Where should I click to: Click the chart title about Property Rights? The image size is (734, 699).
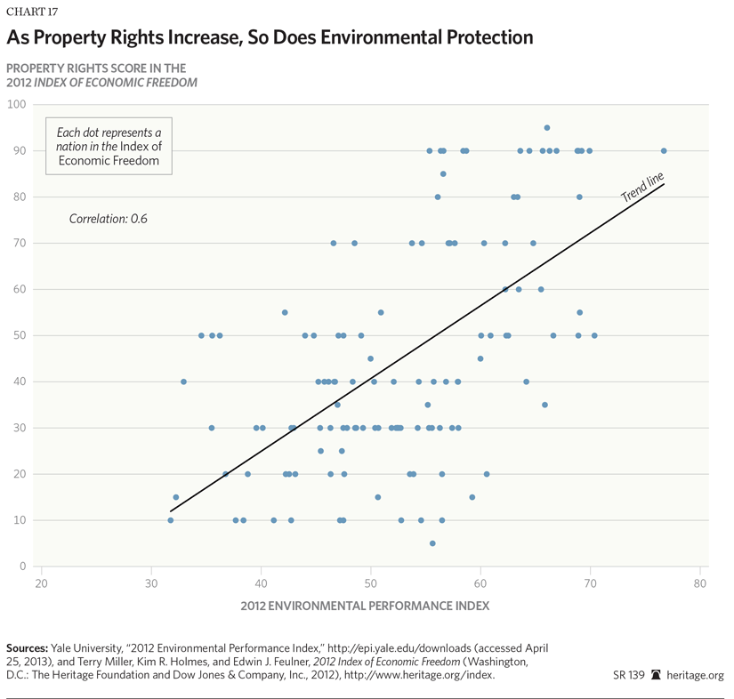click(x=270, y=37)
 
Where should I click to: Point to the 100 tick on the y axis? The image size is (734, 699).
click(x=15, y=104)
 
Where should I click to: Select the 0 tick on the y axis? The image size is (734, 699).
click(x=21, y=566)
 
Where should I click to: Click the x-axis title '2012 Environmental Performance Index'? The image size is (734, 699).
click(x=365, y=607)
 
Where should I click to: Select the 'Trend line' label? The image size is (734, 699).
click(x=642, y=188)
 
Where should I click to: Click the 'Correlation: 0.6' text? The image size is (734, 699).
click(x=108, y=218)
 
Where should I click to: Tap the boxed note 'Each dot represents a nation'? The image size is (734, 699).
click(x=109, y=146)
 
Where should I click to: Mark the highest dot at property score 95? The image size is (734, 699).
click(x=547, y=128)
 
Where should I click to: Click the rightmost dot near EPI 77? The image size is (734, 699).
click(x=664, y=151)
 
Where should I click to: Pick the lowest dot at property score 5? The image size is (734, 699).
click(x=432, y=543)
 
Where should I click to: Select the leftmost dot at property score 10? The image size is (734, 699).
click(x=170, y=520)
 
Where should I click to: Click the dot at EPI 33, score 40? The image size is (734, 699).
click(x=183, y=382)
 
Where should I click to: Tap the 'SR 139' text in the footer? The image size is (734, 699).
click(x=629, y=675)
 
